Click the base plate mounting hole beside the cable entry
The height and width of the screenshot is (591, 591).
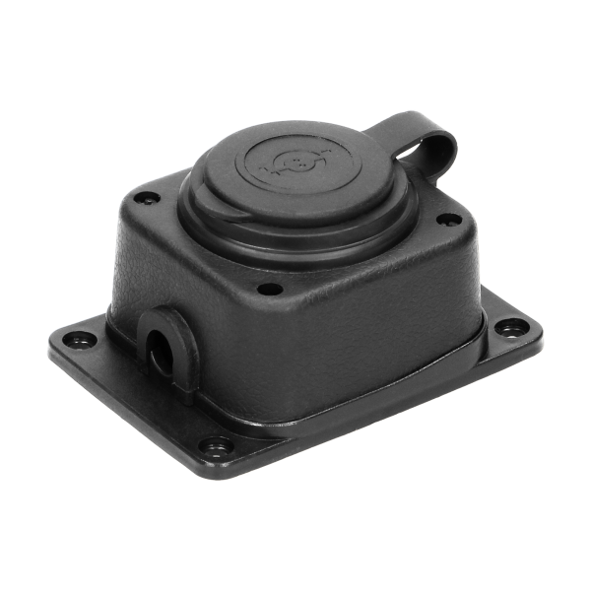pyautogui.click(x=80, y=341)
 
